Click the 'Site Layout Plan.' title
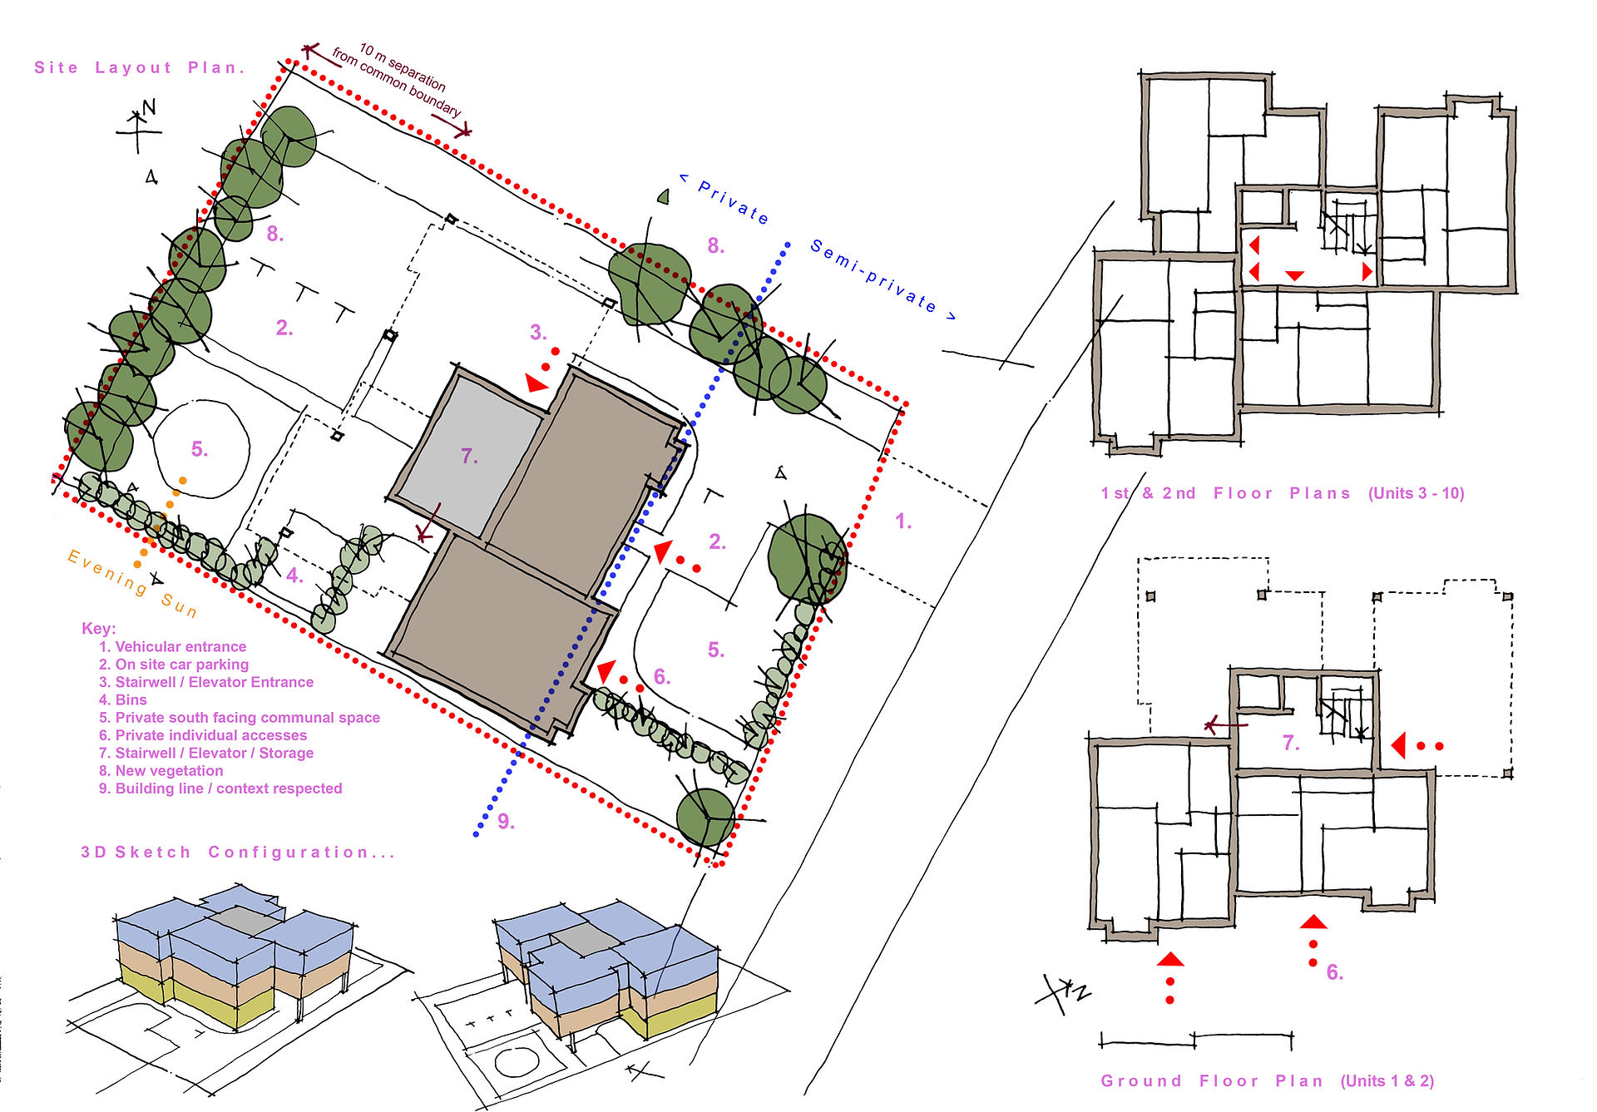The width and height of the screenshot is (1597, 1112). point(140,67)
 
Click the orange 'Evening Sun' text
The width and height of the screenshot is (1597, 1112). point(132,583)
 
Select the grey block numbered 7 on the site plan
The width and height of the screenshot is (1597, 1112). point(467,453)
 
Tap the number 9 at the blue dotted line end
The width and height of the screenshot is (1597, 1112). point(506,822)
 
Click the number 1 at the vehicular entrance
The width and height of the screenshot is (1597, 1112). point(903,521)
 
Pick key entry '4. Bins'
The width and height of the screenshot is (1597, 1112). point(122,700)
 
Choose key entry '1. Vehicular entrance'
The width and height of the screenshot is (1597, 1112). point(172,647)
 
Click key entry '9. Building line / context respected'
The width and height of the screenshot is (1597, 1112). point(220,788)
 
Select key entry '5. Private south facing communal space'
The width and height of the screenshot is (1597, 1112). point(240,718)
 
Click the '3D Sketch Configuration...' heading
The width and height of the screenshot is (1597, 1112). point(238,853)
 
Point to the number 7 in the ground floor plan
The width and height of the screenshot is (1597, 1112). point(1290,743)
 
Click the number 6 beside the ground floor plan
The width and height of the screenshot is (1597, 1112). point(1334,972)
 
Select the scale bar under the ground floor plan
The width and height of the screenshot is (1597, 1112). point(1196,1040)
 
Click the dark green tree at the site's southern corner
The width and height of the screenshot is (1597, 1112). point(705,818)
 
